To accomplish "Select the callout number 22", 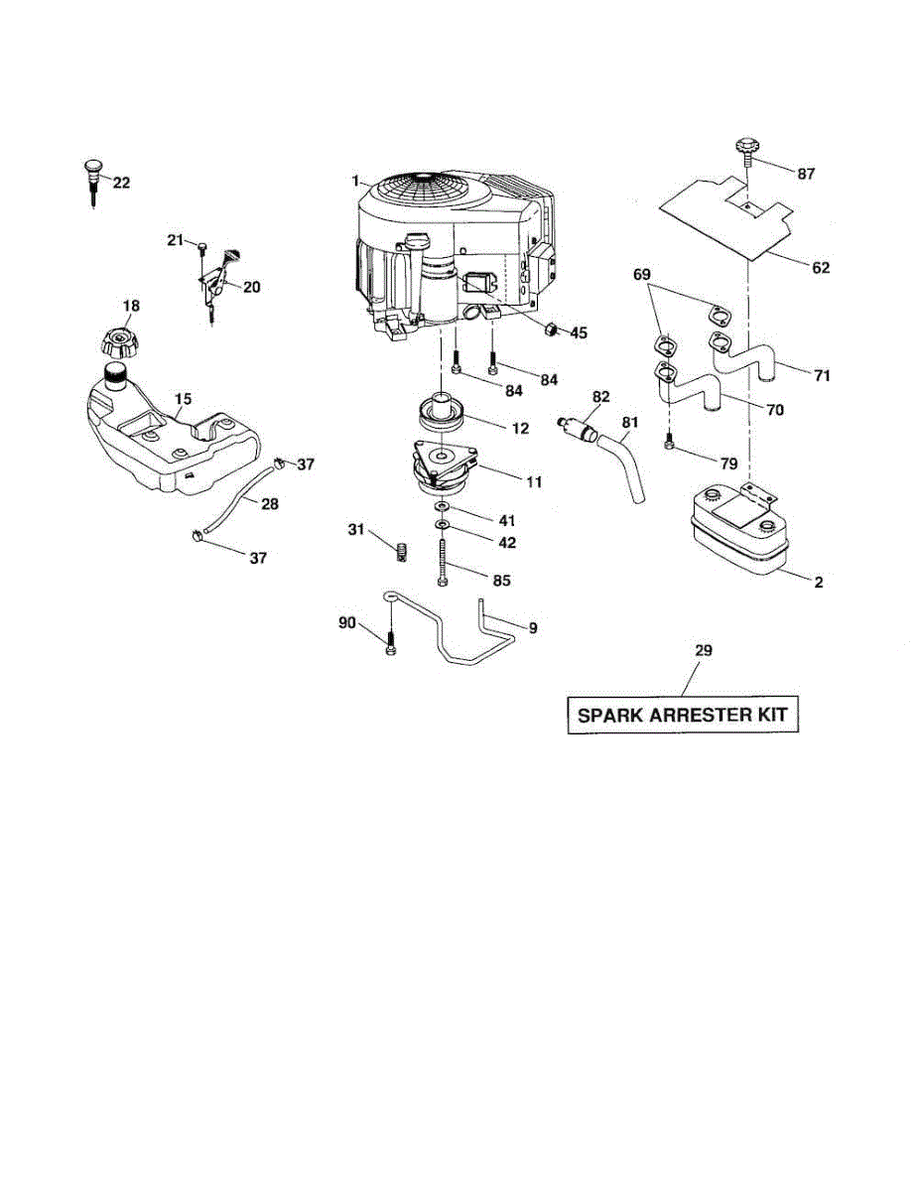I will click(121, 183).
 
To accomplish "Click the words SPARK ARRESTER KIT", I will click(682, 715).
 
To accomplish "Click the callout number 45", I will click(577, 333).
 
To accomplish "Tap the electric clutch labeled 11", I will click(443, 467).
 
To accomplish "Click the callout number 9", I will click(533, 628).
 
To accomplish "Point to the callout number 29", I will click(703, 650).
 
